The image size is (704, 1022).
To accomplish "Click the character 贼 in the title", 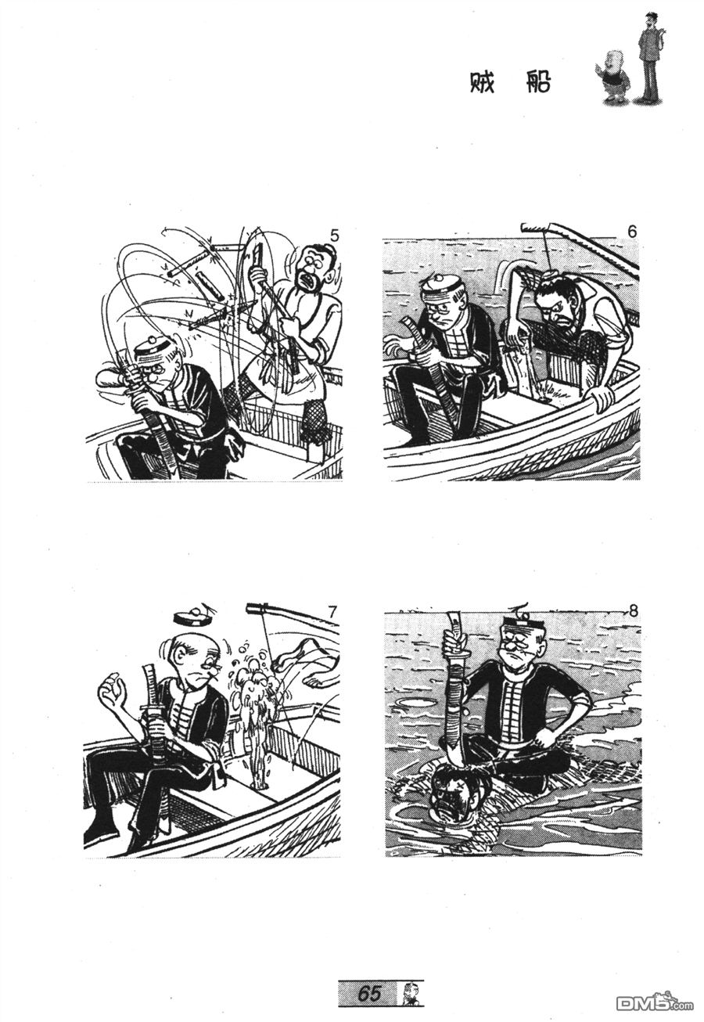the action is tap(483, 84).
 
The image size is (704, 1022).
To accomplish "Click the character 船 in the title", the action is tap(537, 84).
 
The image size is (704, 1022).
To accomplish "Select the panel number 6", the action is tap(632, 232).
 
